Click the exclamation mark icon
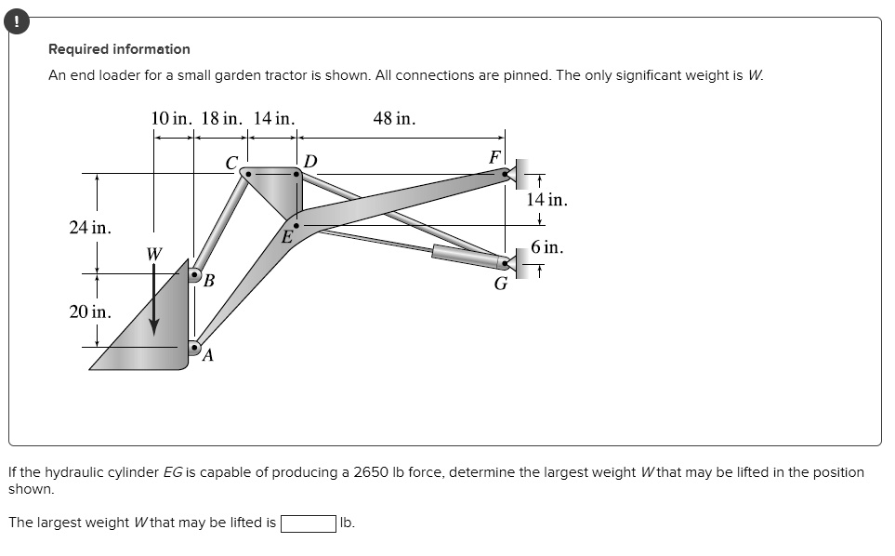coord(17,21)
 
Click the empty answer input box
coord(309,523)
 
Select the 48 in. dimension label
coord(394,119)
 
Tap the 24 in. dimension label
coord(90,227)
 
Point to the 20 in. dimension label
coord(90,311)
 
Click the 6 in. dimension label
coord(546,247)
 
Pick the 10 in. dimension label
coord(171,119)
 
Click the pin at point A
coord(194,347)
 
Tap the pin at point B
coord(194,274)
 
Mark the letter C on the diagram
coord(231,164)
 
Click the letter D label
coord(309,162)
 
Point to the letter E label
coord(288,237)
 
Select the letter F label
coord(494,157)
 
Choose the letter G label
coord(501,284)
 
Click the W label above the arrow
coord(154,254)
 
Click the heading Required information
coord(119,49)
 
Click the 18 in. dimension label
coord(222,119)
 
